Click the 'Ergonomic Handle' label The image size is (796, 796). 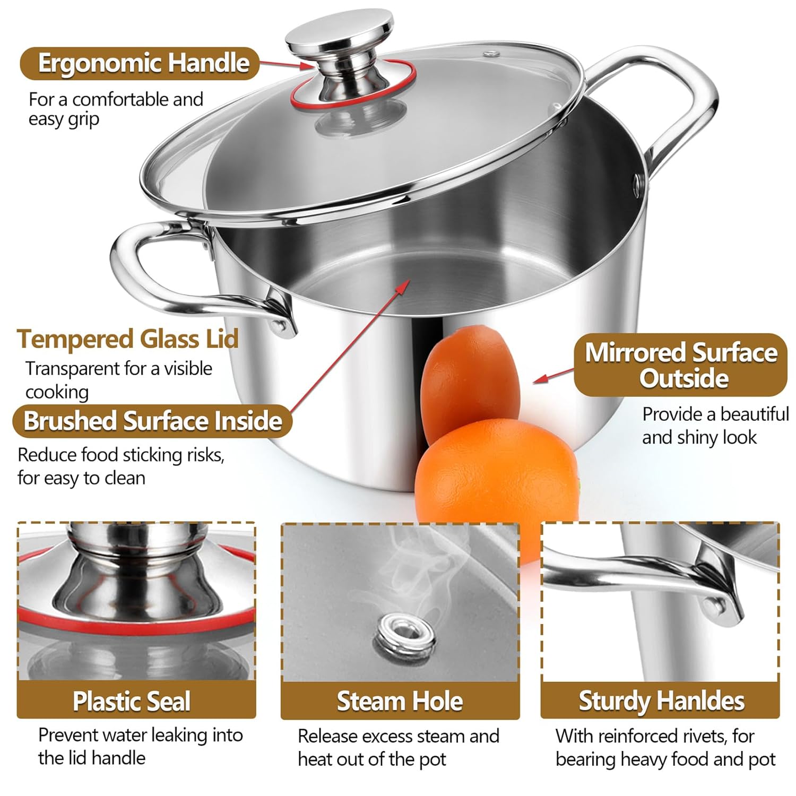coord(140,64)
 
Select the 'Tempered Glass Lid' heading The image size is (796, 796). coord(128,339)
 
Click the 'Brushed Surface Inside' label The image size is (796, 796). coord(152,421)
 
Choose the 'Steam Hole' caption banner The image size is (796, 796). coord(400,700)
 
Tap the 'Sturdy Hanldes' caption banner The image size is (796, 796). coord(661,700)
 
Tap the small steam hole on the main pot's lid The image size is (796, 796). coord(492,54)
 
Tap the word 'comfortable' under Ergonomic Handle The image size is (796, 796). coord(111,99)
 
